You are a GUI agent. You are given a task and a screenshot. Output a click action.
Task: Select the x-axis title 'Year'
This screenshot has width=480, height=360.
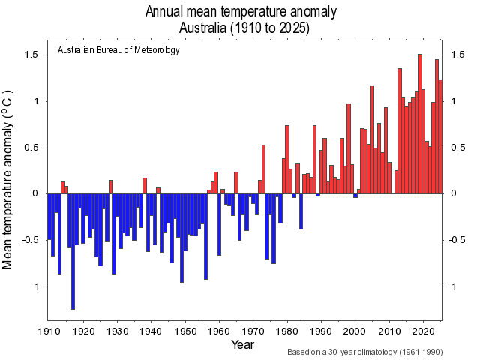242,344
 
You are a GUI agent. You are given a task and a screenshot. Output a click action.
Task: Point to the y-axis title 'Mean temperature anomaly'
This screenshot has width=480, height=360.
9,179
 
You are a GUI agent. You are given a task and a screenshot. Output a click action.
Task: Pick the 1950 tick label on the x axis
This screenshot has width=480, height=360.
184,330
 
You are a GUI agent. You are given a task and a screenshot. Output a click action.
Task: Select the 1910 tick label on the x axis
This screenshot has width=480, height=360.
49,330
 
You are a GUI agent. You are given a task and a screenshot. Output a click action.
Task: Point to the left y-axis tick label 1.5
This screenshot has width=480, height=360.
31,55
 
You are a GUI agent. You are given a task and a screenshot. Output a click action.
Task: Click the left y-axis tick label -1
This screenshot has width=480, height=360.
34,286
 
